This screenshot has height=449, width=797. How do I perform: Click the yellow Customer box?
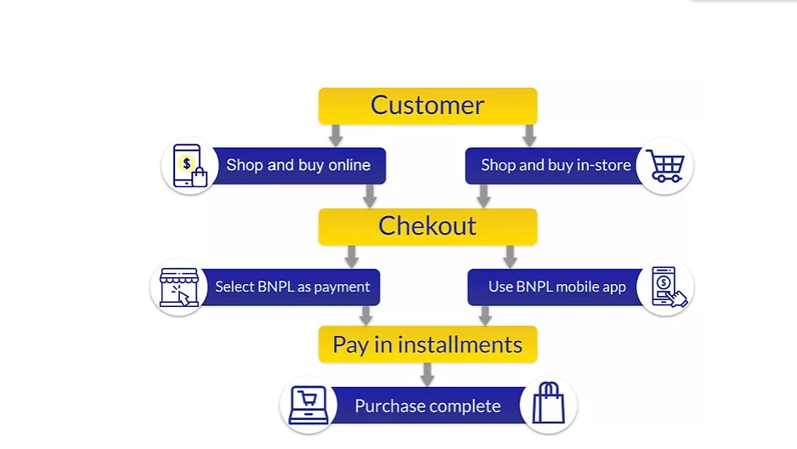click(427, 105)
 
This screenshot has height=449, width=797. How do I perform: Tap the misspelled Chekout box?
click(427, 226)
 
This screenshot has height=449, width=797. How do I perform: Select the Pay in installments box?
click(427, 344)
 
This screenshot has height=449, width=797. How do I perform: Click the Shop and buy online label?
click(298, 166)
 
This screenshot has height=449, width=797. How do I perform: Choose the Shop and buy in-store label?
click(555, 166)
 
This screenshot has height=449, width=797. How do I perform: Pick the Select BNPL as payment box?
click(292, 287)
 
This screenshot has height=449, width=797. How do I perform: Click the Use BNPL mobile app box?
click(557, 287)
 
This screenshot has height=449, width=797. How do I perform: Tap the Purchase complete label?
click(427, 406)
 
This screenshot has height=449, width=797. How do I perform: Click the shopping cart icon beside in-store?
click(664, 166)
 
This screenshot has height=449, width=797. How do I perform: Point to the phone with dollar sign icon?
click(189, 166)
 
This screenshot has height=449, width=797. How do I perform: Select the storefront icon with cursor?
click(179, 287)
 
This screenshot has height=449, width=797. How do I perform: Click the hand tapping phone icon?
click(666, 287)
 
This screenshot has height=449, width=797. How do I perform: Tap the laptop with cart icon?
click(308, 405)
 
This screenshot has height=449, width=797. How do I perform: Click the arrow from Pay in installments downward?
click(427, 373)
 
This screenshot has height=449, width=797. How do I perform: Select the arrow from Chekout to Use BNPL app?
click(510, 256)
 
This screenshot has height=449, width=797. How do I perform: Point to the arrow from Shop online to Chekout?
click(370, 196)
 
